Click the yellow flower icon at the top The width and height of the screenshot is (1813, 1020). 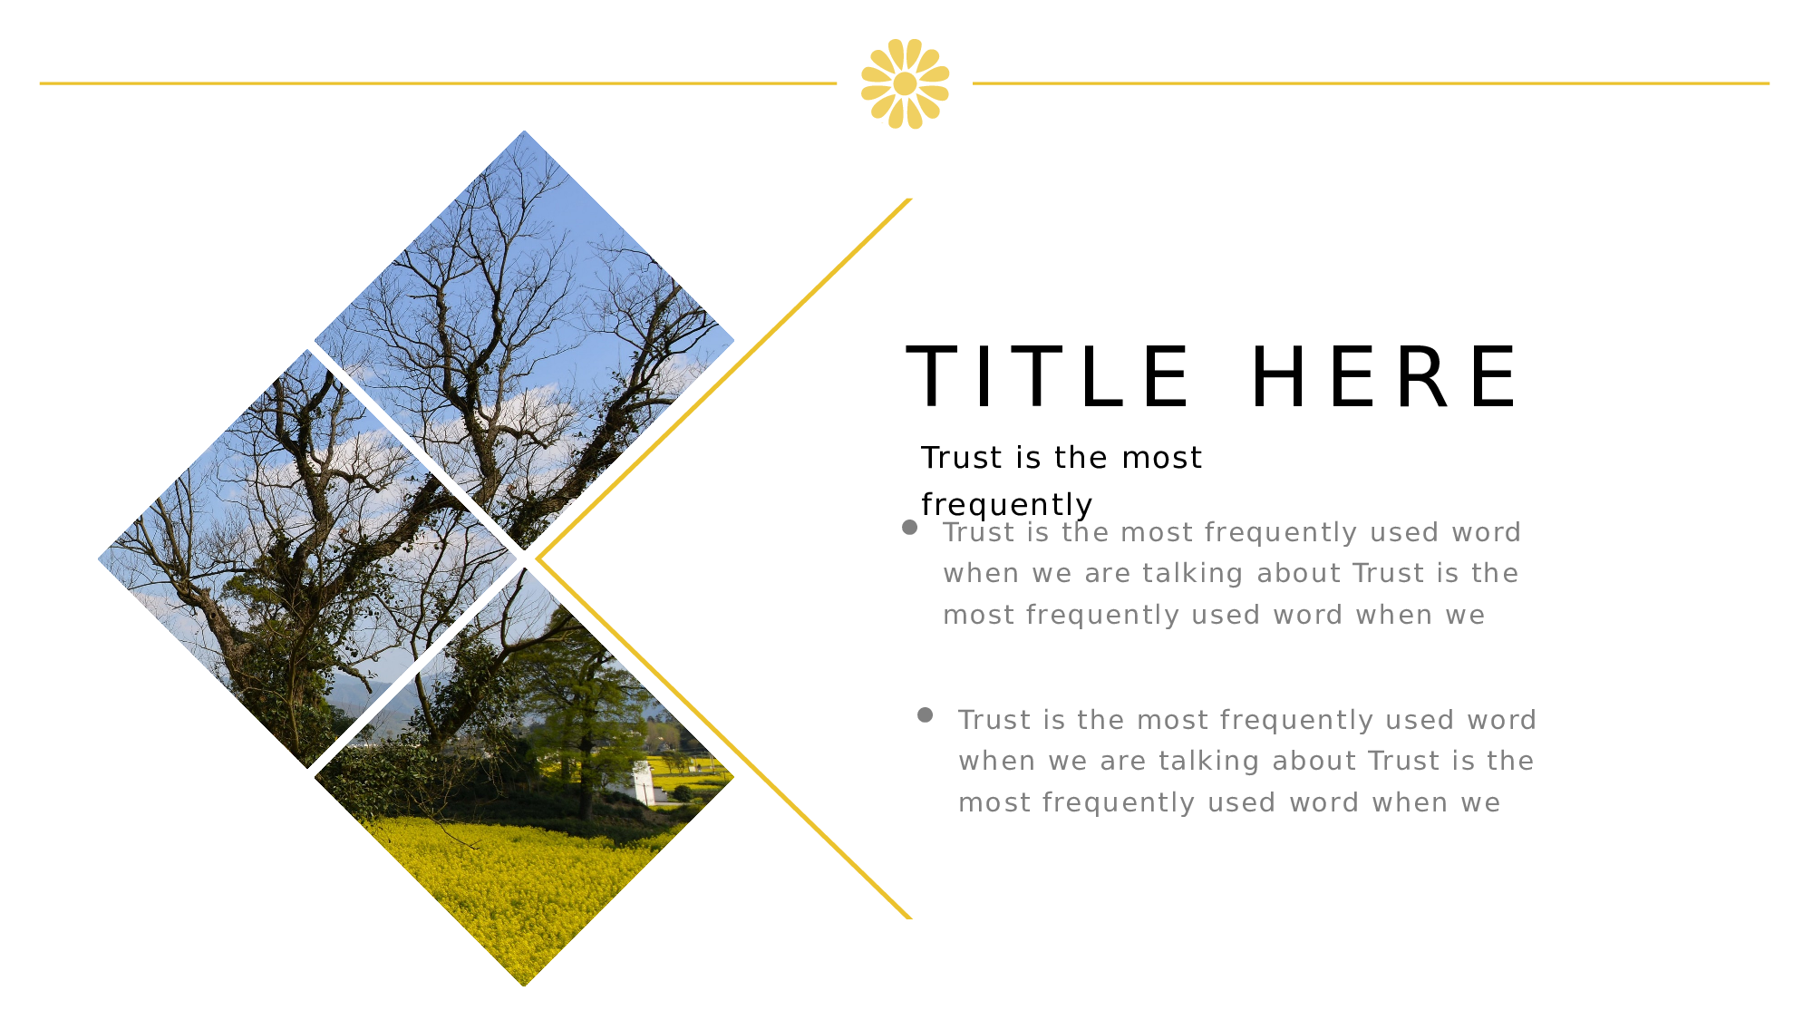(x=905, y=83)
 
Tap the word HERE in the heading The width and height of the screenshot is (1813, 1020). (x=1386, y=376)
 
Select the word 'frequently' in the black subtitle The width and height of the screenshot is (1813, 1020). (x=1006, y=505)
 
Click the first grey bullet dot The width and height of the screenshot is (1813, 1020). (x=910, y=528)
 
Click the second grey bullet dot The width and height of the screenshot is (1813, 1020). (x=925, y=715)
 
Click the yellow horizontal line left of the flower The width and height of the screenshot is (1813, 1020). (x=438, y=83)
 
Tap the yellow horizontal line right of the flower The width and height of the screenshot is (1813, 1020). (x=1371, y=83)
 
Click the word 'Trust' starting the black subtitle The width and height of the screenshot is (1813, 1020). (x=961, y=458)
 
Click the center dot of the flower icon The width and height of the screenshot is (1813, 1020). (x=905, y=83)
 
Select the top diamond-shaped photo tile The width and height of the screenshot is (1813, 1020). (x=524, y=340)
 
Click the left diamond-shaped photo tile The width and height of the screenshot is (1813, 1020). (x=307, y=559)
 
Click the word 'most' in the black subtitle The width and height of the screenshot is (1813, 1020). (x=1161, y=458)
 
